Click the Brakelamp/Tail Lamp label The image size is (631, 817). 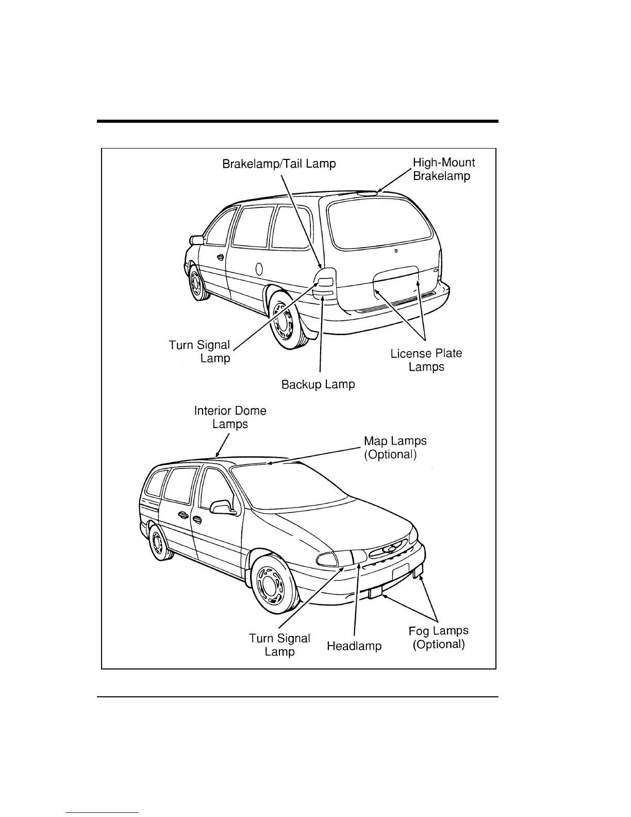click(x=279, y=164)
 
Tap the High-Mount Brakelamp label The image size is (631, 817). click(x=443, y=169)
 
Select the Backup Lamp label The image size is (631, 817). click(x=318, y=385)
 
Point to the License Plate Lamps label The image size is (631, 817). click(x=426, y=360)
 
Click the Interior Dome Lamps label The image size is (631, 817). click(x=230, y=417)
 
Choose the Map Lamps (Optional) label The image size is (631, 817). click(x=395, y=448)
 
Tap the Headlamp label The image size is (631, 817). click(x=354, y=646)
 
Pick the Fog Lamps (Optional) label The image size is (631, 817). click(x=439, y=638)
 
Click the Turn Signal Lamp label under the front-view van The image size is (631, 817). click(x=279, y=645)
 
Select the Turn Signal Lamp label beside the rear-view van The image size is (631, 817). click(x=200, y=351)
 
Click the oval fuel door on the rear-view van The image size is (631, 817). click(x=259, y=269)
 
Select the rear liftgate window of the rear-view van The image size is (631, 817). click(x=382, y=221)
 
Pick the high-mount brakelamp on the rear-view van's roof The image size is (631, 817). click(x=368, y=193)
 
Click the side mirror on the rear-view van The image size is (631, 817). click(x=197, y=240)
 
